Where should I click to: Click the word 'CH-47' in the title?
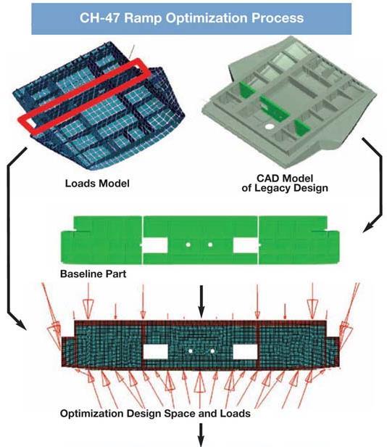(100, 18)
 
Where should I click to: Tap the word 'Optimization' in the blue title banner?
(207, 19)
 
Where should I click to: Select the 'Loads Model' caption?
(97, 184)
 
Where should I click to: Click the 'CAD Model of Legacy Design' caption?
(285, 183)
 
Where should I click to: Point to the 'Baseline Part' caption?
(93, 274)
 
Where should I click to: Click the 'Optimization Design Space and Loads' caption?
(155, 414)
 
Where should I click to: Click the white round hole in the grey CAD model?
(270, 126)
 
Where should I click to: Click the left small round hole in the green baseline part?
(188, 245)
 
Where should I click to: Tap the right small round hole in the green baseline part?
(210, 245)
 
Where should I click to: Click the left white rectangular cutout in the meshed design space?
(156, 351)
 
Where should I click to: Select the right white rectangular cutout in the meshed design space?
(245, 351)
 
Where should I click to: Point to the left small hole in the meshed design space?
(191, 351)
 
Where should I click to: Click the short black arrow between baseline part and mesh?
(201, 302)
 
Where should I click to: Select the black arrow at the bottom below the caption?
(201, 435)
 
